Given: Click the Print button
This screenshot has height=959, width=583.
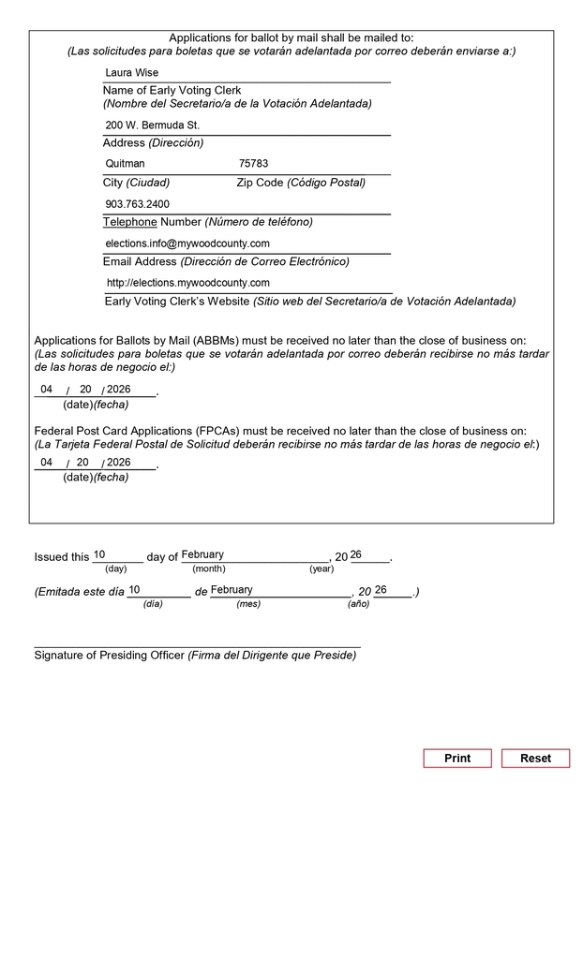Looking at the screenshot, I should tap(456, 759).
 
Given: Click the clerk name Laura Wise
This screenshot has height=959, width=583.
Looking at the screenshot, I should tap(132, 73).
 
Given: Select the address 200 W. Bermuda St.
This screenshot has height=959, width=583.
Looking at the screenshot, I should tap(153, 125).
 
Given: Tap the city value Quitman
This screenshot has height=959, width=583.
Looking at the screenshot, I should tap(126, 164).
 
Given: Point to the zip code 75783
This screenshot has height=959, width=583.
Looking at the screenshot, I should tap(253, 164).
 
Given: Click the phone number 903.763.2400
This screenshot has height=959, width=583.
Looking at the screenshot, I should tap(138, 204).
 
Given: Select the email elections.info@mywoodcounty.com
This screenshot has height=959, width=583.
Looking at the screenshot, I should tap(187, 243).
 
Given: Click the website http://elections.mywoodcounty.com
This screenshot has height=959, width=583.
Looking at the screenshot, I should tap(188, 283).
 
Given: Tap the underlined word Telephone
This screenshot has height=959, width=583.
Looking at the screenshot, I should tap(130, 222).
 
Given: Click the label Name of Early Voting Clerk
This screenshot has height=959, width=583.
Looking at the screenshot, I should tap(172, 91).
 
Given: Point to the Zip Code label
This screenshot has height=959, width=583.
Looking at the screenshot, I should tap(261, 183).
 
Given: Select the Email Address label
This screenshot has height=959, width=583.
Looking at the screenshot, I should tap(140, 262).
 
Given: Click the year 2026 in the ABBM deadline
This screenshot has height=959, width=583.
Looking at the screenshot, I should tap(119, 390).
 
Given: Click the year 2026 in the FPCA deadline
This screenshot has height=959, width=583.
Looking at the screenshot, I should tap(119, 463).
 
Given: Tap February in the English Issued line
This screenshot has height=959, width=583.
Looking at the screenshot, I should tap(202, 555).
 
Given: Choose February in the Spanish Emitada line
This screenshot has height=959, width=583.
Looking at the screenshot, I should tap(232, 590).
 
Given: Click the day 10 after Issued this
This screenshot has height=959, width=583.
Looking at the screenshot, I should tap(99, 555).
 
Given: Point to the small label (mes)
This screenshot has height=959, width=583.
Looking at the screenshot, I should tap(248, 604).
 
